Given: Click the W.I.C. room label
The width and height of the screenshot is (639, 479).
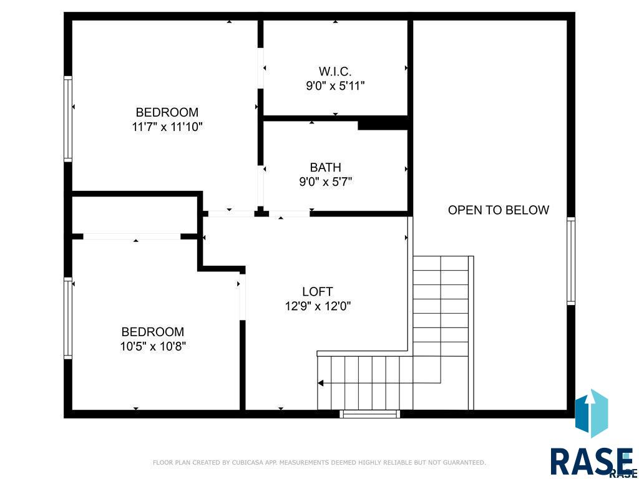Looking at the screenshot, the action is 335,72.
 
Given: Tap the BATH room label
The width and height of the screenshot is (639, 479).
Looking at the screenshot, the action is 325,167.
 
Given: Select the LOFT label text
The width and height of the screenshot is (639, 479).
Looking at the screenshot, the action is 318,292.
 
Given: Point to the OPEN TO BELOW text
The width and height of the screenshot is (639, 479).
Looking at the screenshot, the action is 499,210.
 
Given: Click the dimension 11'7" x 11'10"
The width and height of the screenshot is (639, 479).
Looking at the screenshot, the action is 167,127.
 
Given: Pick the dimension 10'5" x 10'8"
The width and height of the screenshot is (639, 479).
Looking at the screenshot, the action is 154,347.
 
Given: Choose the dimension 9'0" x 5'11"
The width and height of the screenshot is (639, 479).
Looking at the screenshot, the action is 335,86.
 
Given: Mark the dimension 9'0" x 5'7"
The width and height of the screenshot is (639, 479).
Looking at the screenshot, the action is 326,181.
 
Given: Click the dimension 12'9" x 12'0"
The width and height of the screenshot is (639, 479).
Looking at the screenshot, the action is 318,306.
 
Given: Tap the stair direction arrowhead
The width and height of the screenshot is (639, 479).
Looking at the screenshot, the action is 321,383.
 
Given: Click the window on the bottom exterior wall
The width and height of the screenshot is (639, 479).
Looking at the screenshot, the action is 369,414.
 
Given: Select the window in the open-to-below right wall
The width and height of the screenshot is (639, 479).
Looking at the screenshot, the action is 571,261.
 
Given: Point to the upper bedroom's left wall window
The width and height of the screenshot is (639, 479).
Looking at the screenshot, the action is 68,119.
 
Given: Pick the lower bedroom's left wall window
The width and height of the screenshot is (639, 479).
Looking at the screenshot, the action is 68,318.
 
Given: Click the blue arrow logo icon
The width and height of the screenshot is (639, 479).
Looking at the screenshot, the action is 592,413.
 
